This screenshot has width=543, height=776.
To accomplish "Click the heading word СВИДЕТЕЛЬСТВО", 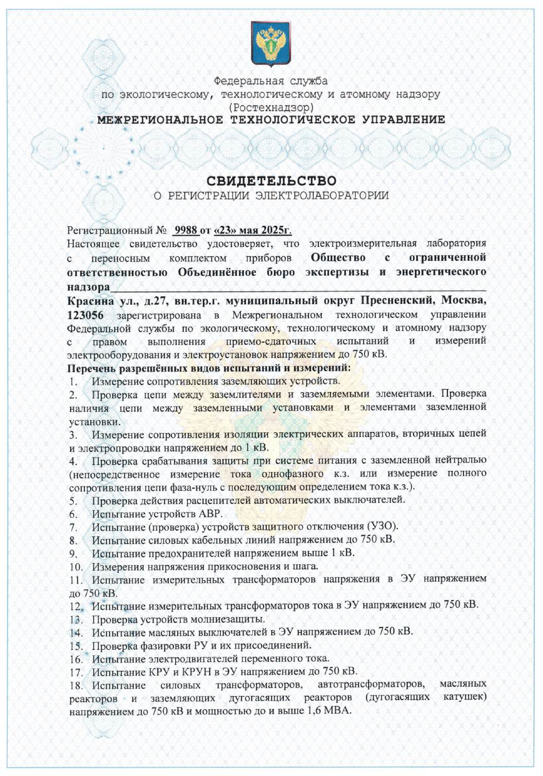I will [271, 181].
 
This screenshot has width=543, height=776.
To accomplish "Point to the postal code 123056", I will [85, 315].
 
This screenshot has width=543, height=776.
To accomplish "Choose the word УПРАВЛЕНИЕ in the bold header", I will [404, 119].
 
